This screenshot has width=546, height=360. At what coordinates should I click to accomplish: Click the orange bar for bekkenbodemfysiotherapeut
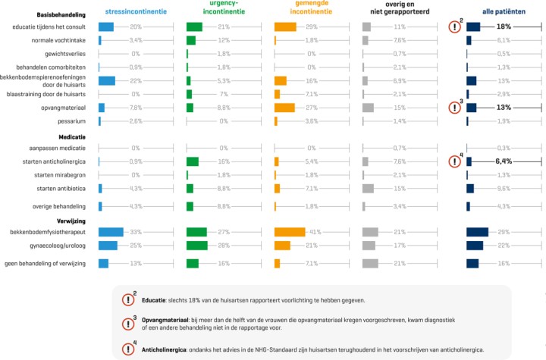click(290, 232)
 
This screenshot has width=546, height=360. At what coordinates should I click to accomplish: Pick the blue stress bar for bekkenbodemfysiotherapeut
click(111, 232)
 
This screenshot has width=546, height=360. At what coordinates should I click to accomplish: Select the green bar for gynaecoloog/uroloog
click(196, 246)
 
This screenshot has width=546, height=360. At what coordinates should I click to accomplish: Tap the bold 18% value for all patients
click(504, 27)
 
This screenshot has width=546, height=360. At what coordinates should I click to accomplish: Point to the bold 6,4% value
click(504, 161)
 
